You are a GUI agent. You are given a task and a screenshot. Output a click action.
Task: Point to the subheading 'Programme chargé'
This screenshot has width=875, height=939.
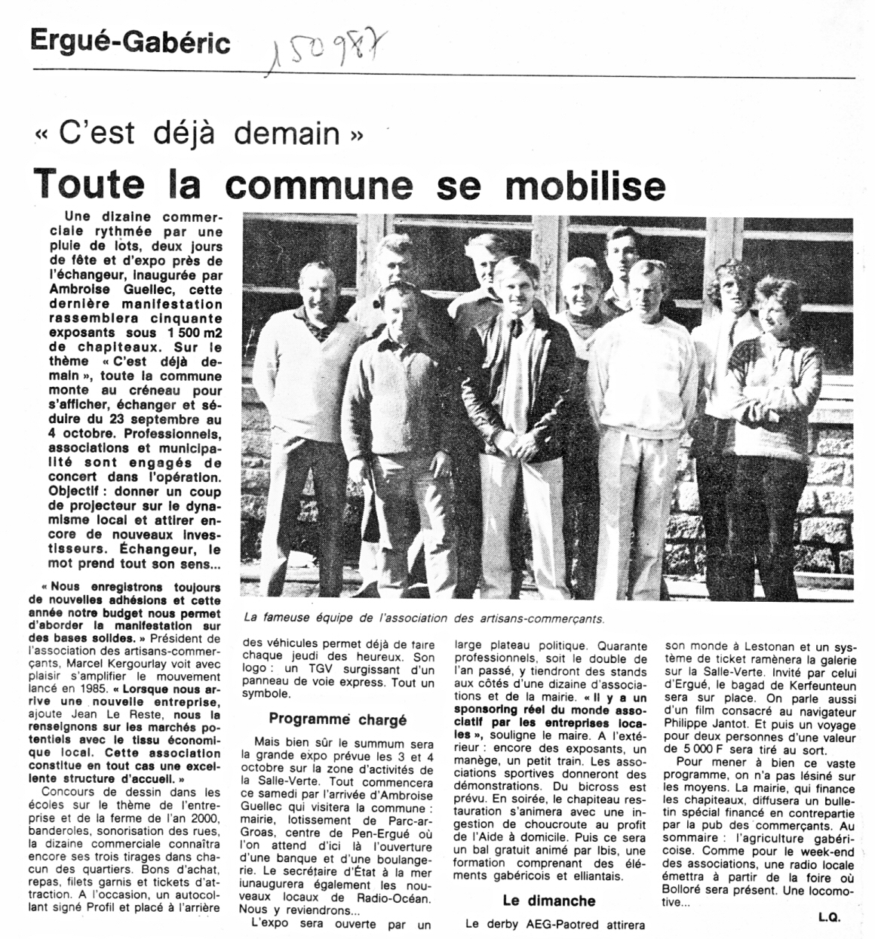click(337, 719)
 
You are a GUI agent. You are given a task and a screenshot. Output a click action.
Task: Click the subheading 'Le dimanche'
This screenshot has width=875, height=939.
click(548, 901)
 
